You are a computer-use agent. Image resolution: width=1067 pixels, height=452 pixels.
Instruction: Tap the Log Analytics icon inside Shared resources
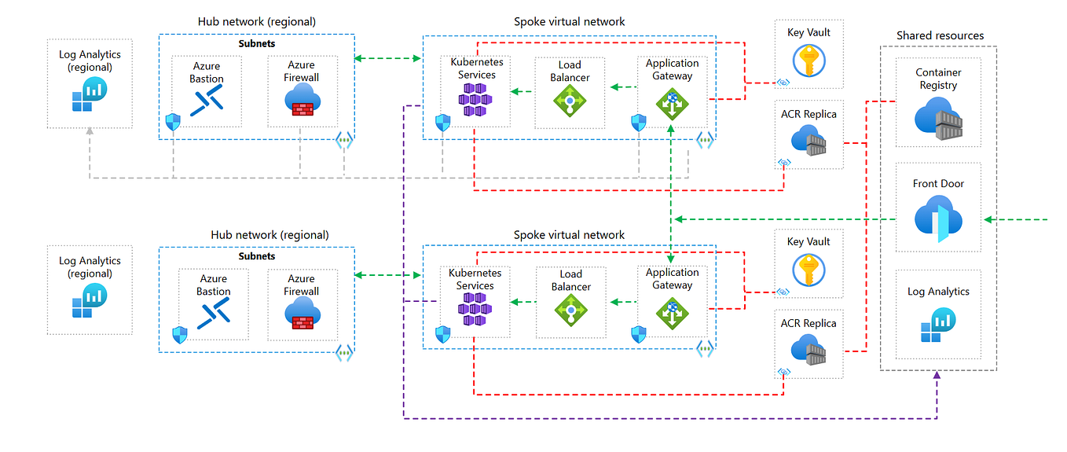(x=938, y=325)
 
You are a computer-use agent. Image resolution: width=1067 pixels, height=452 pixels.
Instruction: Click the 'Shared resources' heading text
(x=940, y=35)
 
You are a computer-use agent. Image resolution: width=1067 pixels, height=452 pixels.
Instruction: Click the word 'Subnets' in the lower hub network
(x=257, y=256)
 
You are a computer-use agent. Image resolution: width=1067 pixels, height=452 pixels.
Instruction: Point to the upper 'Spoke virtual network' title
(x=569, y=21)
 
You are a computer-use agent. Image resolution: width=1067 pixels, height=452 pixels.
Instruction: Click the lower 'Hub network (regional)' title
(x=269, y=234)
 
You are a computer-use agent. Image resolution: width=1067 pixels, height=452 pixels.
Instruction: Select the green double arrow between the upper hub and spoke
(x=388, y=59)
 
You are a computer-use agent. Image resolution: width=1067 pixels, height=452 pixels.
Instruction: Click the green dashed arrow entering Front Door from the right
(x=1017, y=219)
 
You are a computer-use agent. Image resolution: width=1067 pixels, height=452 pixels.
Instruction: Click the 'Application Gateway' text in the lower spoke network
(x=672, y=279)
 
